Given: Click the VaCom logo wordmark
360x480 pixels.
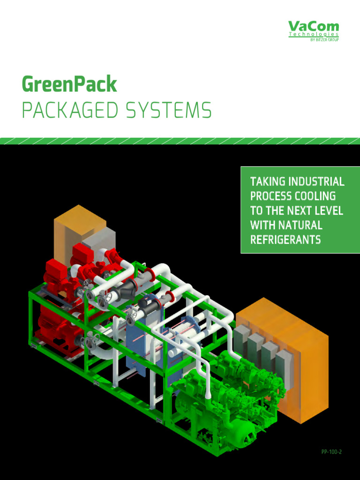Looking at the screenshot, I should pos(313,26).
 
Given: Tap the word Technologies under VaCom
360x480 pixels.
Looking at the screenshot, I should pos(313,35).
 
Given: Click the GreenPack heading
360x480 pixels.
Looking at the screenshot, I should pos(69,84).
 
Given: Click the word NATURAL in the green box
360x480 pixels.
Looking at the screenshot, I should pos(300,225).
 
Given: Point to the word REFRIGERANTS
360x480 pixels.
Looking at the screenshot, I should pos(285,240).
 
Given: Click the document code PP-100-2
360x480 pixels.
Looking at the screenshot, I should pos(331,452).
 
